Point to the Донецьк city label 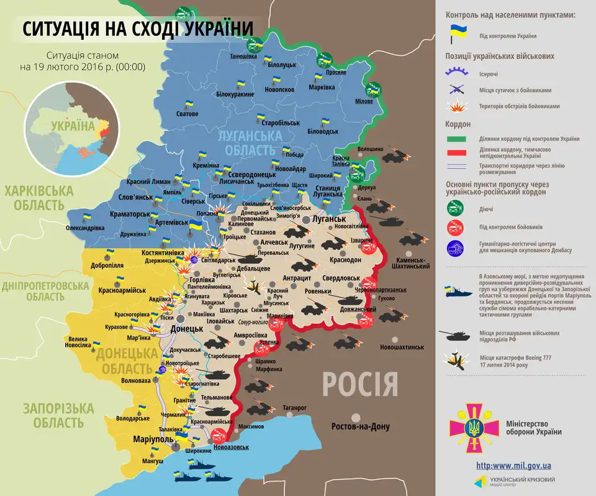click(186, 328)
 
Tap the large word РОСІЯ click(359, 385)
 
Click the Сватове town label click(187, 114)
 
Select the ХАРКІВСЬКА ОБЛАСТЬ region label click(37, 198)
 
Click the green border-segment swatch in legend click(457, 139)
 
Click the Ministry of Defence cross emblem click(474, 428)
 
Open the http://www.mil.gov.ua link click(513, 466)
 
